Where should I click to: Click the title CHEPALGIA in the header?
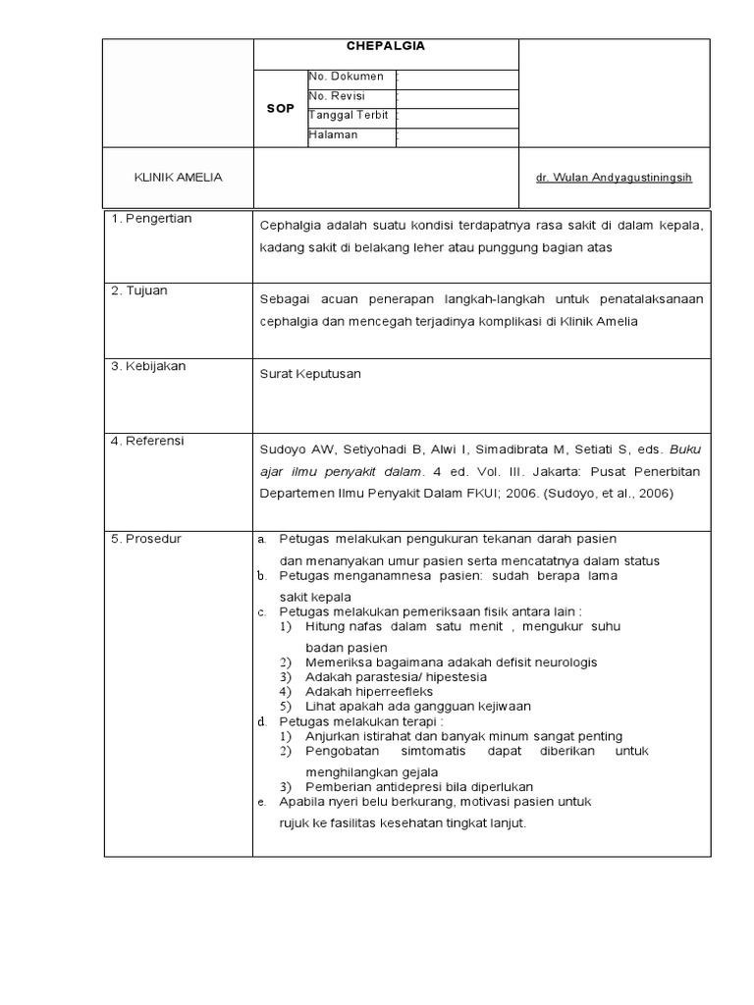point(387,45)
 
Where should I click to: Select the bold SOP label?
point(280,108)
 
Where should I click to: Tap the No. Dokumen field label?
point(347,77)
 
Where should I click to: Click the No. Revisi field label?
point(337,96)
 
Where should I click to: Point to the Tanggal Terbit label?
point(349,116)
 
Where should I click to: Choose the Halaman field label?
point(334,135)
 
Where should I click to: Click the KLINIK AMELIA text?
point(178,178)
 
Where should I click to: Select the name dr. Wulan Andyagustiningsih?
point(614,178)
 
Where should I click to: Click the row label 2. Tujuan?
point(140,291)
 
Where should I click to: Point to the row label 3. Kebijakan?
point(148,366)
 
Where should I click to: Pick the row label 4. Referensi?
point(148,441)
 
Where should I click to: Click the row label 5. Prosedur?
point(146,539)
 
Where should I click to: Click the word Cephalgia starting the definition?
point(290,226)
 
